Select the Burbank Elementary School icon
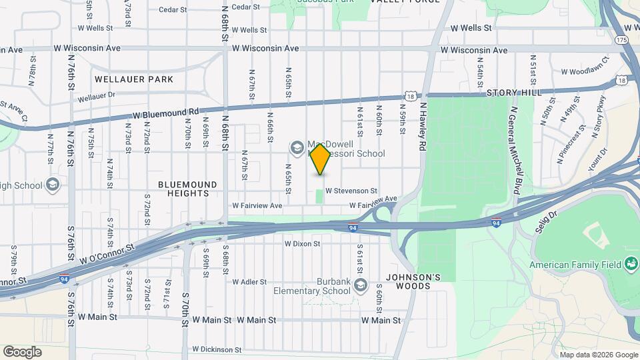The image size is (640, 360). click(361, 286)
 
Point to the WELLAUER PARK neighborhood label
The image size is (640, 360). click(134, 79)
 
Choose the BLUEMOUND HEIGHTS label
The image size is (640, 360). click(187, 189)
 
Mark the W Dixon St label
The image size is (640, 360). click(303, 244)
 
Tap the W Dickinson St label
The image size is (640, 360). click(217, 349)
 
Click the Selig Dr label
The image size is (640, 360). click(545, 221)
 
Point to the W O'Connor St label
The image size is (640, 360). click(107, 253)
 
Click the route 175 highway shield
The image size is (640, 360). click(622, 41)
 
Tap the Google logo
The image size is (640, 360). click(23, 351)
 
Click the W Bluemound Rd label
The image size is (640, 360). click(166, 113)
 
